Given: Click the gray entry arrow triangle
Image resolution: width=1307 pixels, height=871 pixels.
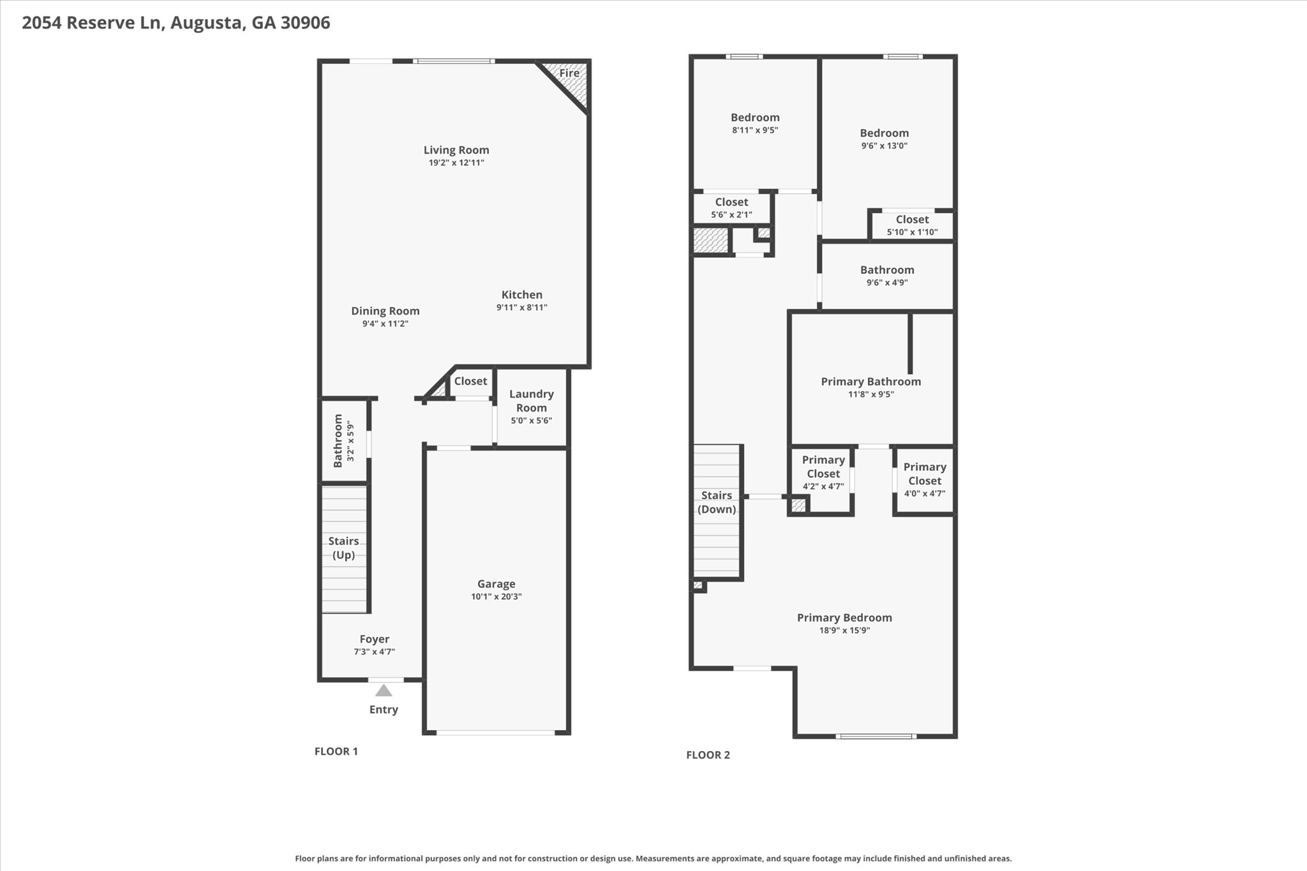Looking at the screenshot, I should click(383, 690).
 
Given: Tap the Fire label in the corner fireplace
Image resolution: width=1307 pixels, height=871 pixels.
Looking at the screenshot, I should click(569, 73).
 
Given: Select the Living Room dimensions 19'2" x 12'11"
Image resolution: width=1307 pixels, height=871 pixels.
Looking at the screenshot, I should click(456, 163).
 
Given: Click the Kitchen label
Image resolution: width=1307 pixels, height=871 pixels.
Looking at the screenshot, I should click(521, 295).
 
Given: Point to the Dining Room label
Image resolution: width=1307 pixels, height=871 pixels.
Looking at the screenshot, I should click(385, 311).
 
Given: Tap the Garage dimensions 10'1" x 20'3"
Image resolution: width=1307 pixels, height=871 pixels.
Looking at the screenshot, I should click(496, 597).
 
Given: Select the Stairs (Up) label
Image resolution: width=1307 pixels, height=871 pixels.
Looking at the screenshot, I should click(343, 548).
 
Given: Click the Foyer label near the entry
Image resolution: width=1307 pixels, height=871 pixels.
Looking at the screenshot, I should click(374, 639).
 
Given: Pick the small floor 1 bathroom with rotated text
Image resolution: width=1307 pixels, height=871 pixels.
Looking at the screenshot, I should click(343, 440).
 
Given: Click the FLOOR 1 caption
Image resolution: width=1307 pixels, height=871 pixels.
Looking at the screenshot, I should click(336, 752).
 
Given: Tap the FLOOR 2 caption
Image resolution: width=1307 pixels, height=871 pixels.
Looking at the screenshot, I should click(708, 756).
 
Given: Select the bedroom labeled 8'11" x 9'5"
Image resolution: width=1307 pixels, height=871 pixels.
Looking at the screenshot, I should click(755, 123).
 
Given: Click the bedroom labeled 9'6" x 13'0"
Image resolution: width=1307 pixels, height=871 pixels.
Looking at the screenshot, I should click(884, 138).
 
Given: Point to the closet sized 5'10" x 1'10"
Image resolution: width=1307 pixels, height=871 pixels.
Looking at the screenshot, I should click(912, 225).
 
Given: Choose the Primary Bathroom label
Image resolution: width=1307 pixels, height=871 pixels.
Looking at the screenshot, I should click(870, 382).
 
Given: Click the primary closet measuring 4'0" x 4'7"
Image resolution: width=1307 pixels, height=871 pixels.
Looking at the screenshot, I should click(924, 479).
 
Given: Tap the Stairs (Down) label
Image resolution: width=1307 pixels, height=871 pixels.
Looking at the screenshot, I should click(716, 502).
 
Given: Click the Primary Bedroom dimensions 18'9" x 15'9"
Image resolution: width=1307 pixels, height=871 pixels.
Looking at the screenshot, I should click(844, 630).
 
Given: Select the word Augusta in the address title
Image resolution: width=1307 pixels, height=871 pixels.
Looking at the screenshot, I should click(207, 23).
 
